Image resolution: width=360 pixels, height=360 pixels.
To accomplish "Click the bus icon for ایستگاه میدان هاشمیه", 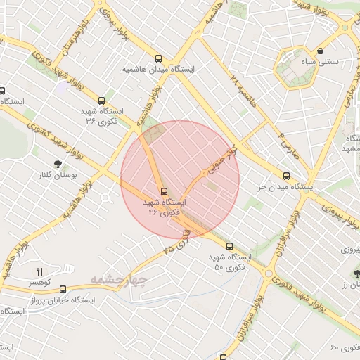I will click(159, 60).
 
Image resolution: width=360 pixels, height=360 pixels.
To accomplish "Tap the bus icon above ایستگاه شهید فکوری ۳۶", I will click(103, 101).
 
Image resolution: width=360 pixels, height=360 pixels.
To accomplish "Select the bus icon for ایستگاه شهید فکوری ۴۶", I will click(164, 191).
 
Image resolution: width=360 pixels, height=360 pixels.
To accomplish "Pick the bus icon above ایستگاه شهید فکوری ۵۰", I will click(230, 246).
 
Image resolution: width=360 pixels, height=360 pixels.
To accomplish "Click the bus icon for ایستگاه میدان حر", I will click(286, 176).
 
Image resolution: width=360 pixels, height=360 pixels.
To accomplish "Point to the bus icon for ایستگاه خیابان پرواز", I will click(63, 288).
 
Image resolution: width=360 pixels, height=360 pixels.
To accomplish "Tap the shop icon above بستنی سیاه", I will click(321, 51).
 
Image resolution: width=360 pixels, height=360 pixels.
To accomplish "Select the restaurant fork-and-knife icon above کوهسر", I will click(39, 271).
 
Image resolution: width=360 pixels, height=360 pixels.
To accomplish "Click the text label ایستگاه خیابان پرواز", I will click(64, 300).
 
